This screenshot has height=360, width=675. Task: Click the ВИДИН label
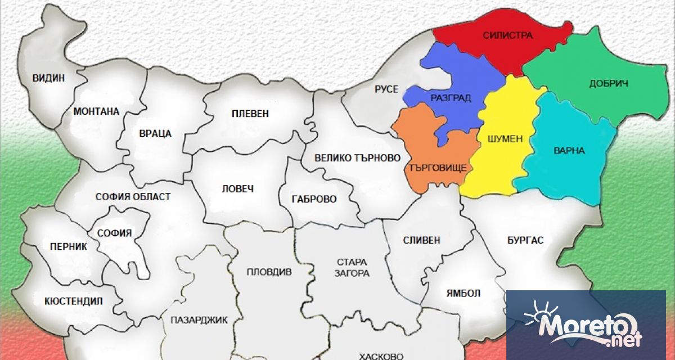pos(48,78)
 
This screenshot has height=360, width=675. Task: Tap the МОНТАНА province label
pos(96,111)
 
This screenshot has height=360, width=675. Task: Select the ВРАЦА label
pos(155,134)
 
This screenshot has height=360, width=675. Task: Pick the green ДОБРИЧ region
pos(608,84)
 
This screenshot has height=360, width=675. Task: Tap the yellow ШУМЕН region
pos(506,138)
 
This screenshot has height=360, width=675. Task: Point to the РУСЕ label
pos(386,89)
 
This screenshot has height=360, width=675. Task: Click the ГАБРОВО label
pos(314,199)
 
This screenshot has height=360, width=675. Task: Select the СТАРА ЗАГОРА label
pos(353,268)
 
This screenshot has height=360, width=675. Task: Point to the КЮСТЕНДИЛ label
pos(73,301)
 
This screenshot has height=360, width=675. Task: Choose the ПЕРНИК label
pos(67,246)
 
